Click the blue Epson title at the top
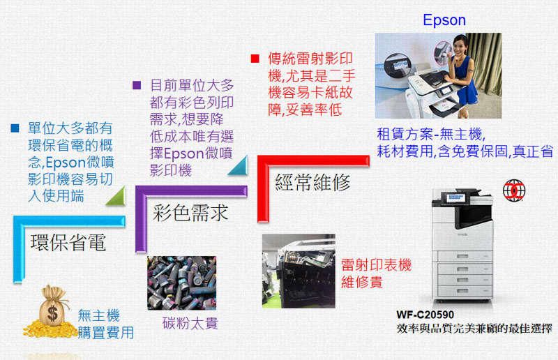click(444, 20)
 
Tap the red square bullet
click(255, 59)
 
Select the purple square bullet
click(137, 85)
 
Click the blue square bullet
click(15, 128)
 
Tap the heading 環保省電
click(68, 243)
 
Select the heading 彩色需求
click(190, 213)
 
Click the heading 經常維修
click(312, 182)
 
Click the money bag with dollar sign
click(52, 307)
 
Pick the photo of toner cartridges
click(182, 283)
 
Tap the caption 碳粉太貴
click(190, 323)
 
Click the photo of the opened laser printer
click(299, 271)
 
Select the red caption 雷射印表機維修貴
click(376, 273)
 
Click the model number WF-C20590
click(425, 315)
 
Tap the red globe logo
click(514, 190)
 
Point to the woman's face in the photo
click(460, 45)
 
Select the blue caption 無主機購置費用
click(106, 324)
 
